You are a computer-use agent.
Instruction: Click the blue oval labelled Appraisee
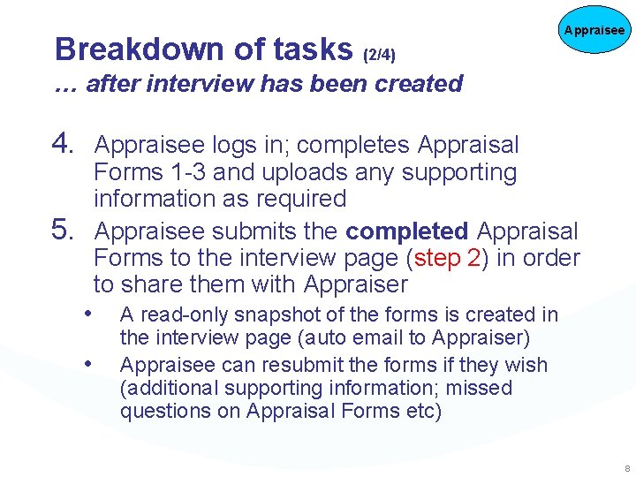[594, 30]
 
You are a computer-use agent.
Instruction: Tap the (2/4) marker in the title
[380, 55]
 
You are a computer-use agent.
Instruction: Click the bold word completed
[407, 231]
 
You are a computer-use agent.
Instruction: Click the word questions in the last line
[159, 411]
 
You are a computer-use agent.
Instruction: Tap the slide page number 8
[625, 467]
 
